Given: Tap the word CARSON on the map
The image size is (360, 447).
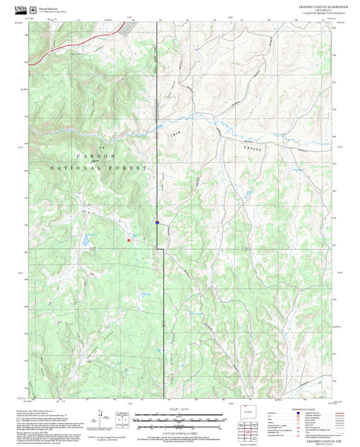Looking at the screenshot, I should tap(99, 155).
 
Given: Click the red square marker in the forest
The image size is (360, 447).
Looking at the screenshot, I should tap(128, 238).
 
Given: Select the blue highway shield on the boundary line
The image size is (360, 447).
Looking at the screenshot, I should tap(156, 221).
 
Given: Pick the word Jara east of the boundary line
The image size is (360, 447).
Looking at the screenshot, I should tap(207, 135).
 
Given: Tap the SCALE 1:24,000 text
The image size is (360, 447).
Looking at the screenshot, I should tap(179, 409).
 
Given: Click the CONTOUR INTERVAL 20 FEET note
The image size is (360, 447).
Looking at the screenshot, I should tap(179, 431).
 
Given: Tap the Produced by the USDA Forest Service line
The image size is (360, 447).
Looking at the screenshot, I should tap(40, 409).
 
